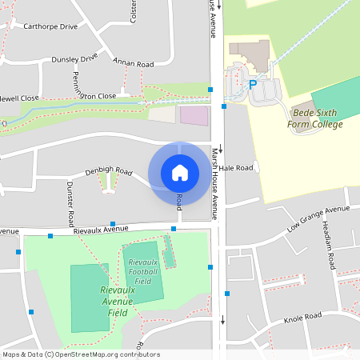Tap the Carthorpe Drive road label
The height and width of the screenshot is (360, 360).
50,26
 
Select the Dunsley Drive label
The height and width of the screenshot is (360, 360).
74,58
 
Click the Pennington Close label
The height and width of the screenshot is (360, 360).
91,96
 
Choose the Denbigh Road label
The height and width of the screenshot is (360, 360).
109,171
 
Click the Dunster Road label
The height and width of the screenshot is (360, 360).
70,203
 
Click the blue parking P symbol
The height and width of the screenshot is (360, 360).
253,84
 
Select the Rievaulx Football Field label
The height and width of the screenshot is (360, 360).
143,272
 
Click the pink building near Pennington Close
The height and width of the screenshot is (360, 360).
193,114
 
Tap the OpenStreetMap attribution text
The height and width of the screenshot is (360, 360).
80,354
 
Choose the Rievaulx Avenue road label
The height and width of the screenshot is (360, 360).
101,229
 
